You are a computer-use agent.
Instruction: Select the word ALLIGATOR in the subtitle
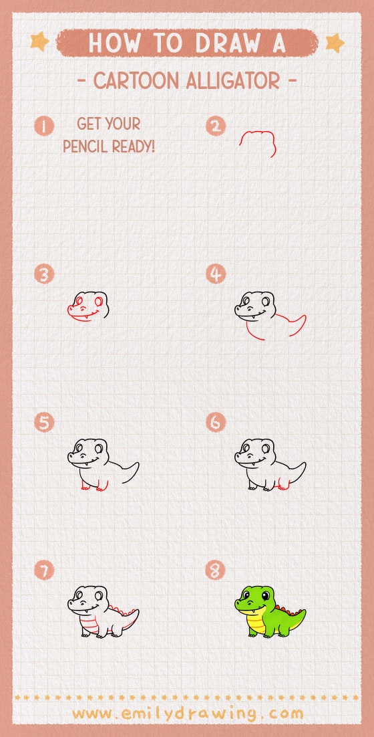point(233,81)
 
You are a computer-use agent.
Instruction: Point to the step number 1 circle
point(44,126)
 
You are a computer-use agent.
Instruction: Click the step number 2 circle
point(216,126)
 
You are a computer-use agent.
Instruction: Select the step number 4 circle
point(216,274)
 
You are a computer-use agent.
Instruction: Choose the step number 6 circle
point(216,423)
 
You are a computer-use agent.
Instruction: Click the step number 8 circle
point(216,570)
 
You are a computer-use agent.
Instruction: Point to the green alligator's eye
point(266,595)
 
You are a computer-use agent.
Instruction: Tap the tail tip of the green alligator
point(303,611)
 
